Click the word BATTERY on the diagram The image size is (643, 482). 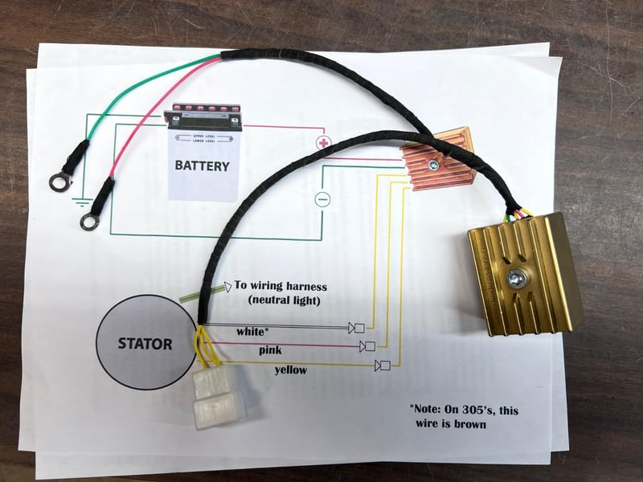click(203, 166)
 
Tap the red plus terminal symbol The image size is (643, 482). click(323, 143)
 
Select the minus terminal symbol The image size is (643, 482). click(321, 198)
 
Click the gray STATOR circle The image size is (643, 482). click(145, 344)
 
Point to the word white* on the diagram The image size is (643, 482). click(252, 330)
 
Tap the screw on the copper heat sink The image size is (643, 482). click(433, 165)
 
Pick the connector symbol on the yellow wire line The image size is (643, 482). click(383, 366)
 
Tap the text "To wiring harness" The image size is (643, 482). click(281, 285)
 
